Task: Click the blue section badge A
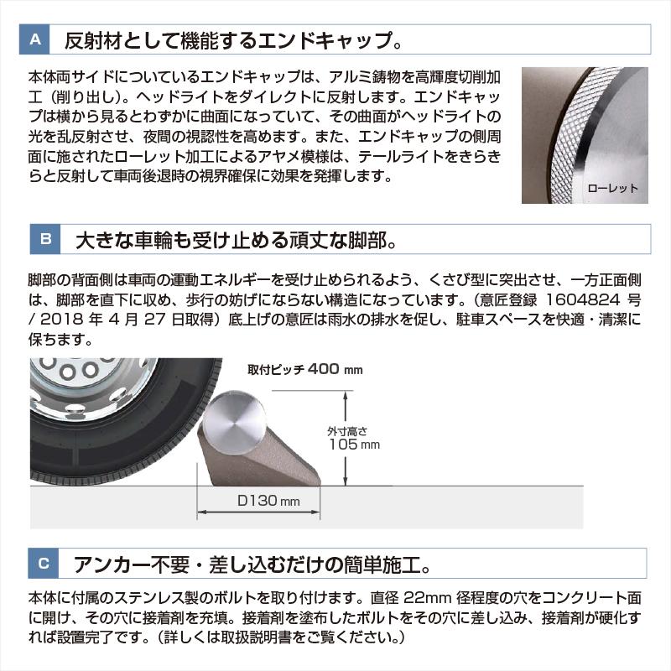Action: (34, 39)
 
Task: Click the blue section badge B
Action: (45, 239)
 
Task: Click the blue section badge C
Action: (44, 563)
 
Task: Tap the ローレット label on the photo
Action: (612, 188)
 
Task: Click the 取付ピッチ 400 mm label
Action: (305, 369)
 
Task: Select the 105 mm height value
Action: (354, 445)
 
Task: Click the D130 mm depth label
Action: (268, 500)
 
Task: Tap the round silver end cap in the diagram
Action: (234, 422)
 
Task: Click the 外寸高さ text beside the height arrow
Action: (347, 431)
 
